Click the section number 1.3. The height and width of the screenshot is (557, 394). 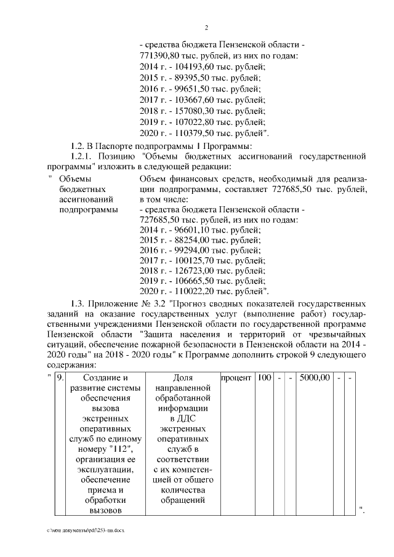pyautogui.click(x=77, y=303)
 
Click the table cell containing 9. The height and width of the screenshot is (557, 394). pyautogui.click(x=60, y=377)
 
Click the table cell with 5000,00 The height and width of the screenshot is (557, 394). pyautogui.click(x=315, y=377)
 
